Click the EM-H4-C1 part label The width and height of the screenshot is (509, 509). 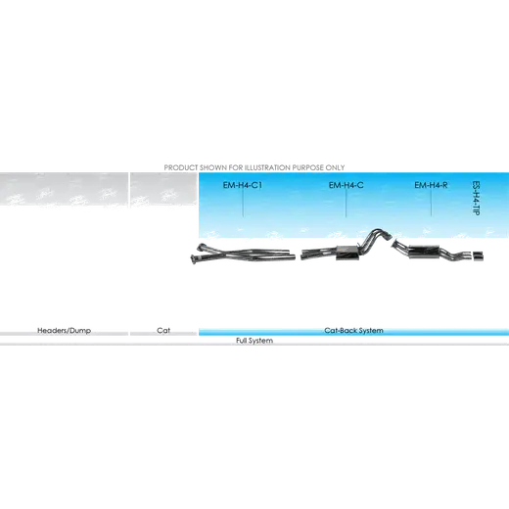(243, 185)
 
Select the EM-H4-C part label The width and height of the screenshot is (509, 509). (346, 185)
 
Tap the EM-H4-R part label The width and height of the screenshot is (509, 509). (431, 185)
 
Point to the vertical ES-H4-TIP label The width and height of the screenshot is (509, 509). (476, 198)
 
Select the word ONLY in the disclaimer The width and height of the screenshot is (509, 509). (335, 167)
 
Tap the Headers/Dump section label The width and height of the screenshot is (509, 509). (64, 331)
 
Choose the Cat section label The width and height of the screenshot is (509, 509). (163, 331)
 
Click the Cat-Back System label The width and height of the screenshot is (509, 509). (353, 331)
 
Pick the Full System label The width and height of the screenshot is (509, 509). (254, 341)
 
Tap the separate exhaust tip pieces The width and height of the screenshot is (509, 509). (478, 256)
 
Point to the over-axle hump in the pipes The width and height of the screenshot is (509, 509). (376, 231)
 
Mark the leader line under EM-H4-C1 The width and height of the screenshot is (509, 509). (243, 203)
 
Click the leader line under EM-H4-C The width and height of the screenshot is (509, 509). (346, 203)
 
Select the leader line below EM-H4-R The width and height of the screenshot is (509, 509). (431, 203)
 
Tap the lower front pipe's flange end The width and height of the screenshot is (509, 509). (195, 258)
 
